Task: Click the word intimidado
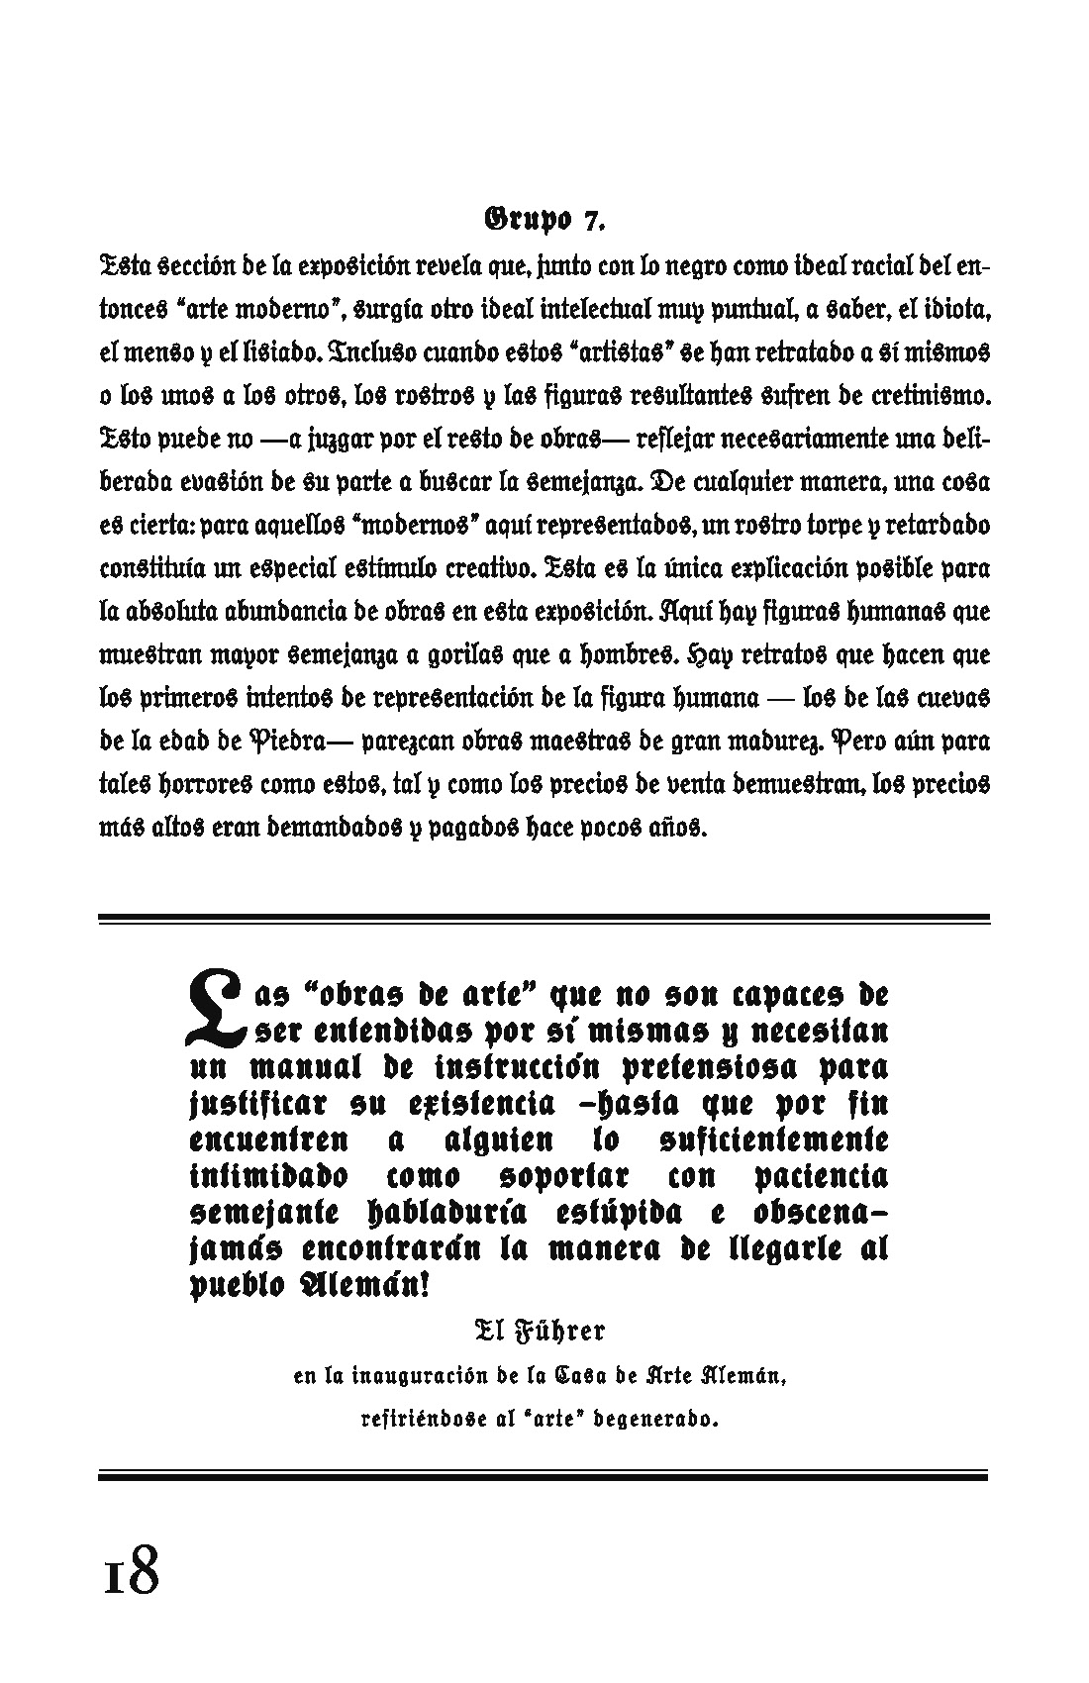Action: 268,1177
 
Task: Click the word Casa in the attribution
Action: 579,1375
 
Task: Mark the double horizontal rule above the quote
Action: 544,921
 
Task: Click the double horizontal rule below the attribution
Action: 544,1476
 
